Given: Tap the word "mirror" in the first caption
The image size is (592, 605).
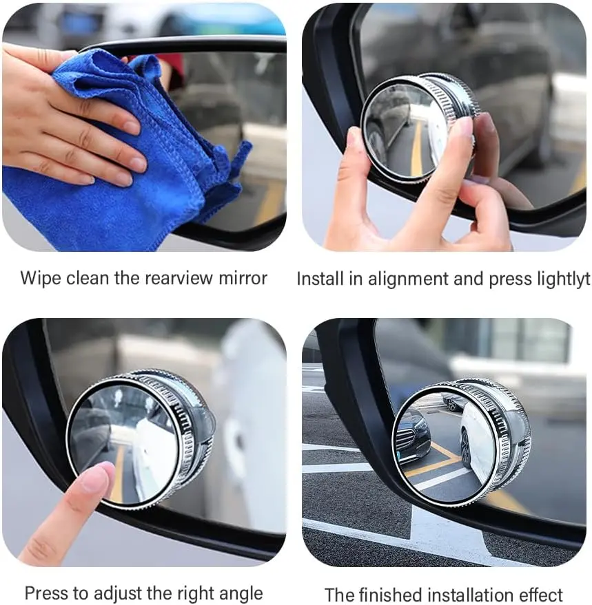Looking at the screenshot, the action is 243,278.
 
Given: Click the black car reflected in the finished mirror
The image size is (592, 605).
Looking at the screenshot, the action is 414,436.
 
